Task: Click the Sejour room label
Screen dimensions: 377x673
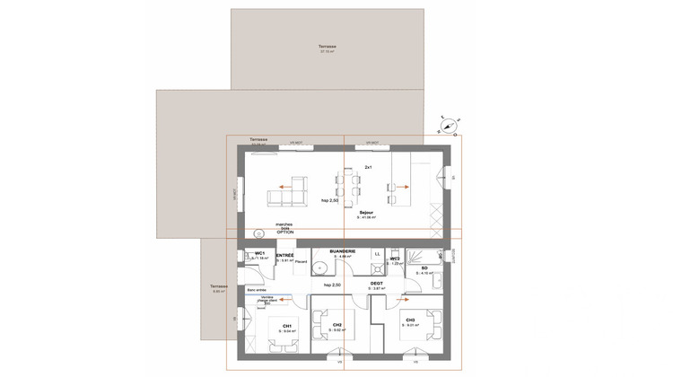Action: click(x=366, y=212)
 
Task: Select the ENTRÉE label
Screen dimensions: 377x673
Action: click(x=285, y=255)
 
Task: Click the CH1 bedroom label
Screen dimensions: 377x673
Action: click(x=286, y=326)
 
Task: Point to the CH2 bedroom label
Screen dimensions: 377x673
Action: click(x=336, y=324)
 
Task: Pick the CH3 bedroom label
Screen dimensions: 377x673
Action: click(x=410, y=320)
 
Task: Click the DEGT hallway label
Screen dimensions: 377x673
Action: click(x=378, y=284)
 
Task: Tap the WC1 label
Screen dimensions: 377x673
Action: click(x=259, y=253)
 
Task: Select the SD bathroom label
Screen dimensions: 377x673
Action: click(x=424, y=267)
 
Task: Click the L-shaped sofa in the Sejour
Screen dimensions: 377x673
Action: click(x=293, y=188)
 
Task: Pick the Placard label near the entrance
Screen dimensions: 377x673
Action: click(x=302, y=263)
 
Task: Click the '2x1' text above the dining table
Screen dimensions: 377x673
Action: click(x=368, y=168)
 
